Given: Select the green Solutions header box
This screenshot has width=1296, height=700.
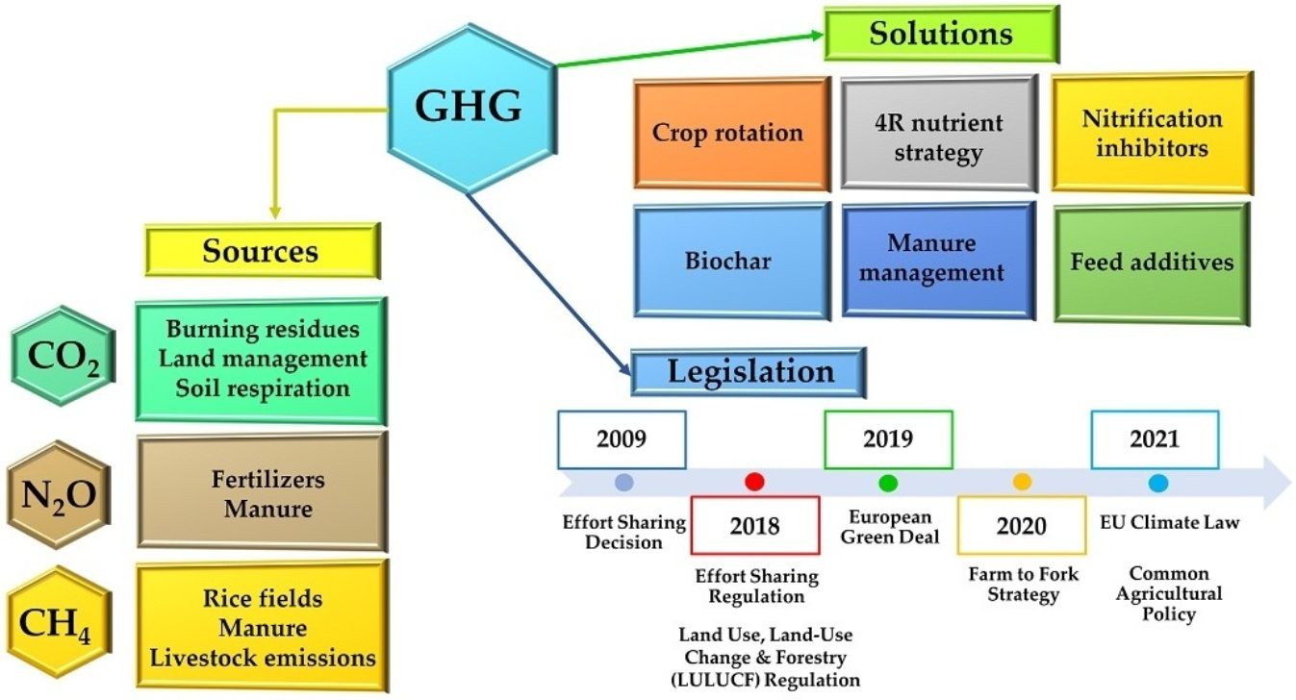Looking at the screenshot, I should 940,36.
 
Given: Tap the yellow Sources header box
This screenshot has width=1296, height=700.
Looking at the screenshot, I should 261,250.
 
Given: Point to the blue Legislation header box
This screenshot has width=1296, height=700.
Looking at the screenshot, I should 748,371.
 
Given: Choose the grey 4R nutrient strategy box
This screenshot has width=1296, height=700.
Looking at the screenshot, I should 937,136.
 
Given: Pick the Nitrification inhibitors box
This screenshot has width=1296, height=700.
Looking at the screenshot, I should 1151,133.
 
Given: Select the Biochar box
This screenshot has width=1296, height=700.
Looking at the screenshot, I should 730,261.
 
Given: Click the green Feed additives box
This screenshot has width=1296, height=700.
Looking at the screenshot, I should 1151,261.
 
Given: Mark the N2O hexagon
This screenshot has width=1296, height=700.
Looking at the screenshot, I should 59,494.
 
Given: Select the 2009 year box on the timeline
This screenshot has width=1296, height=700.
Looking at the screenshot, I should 621,439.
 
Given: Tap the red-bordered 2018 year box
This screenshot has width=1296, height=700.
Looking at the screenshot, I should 754,525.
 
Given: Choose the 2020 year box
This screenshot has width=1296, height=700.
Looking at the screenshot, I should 1021,526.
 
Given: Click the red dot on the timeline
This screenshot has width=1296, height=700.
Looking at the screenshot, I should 754,482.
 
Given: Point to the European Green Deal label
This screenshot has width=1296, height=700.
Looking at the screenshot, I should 889,528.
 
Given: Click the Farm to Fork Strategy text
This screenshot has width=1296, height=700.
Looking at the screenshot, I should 1023,585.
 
